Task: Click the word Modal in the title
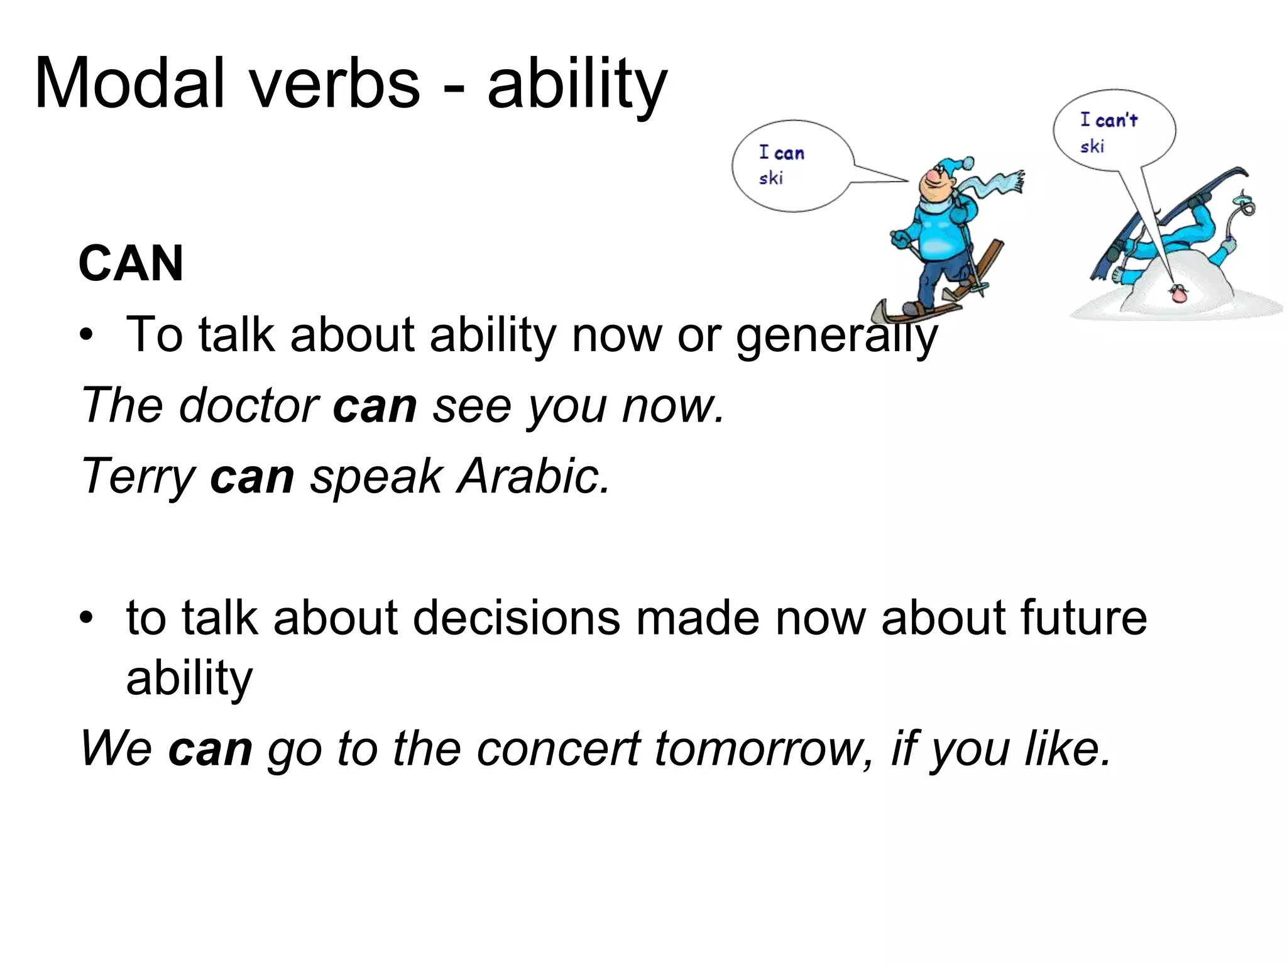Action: coord(129,84)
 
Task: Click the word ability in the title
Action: coord(576,84)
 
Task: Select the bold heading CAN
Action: coord(131,263)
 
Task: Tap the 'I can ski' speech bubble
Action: coord(793,166)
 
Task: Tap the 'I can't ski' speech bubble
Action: coord(1114,130)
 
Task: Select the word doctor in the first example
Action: coord(249,406)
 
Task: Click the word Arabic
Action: coord(533,476)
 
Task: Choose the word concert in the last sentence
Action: coord(558,749)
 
